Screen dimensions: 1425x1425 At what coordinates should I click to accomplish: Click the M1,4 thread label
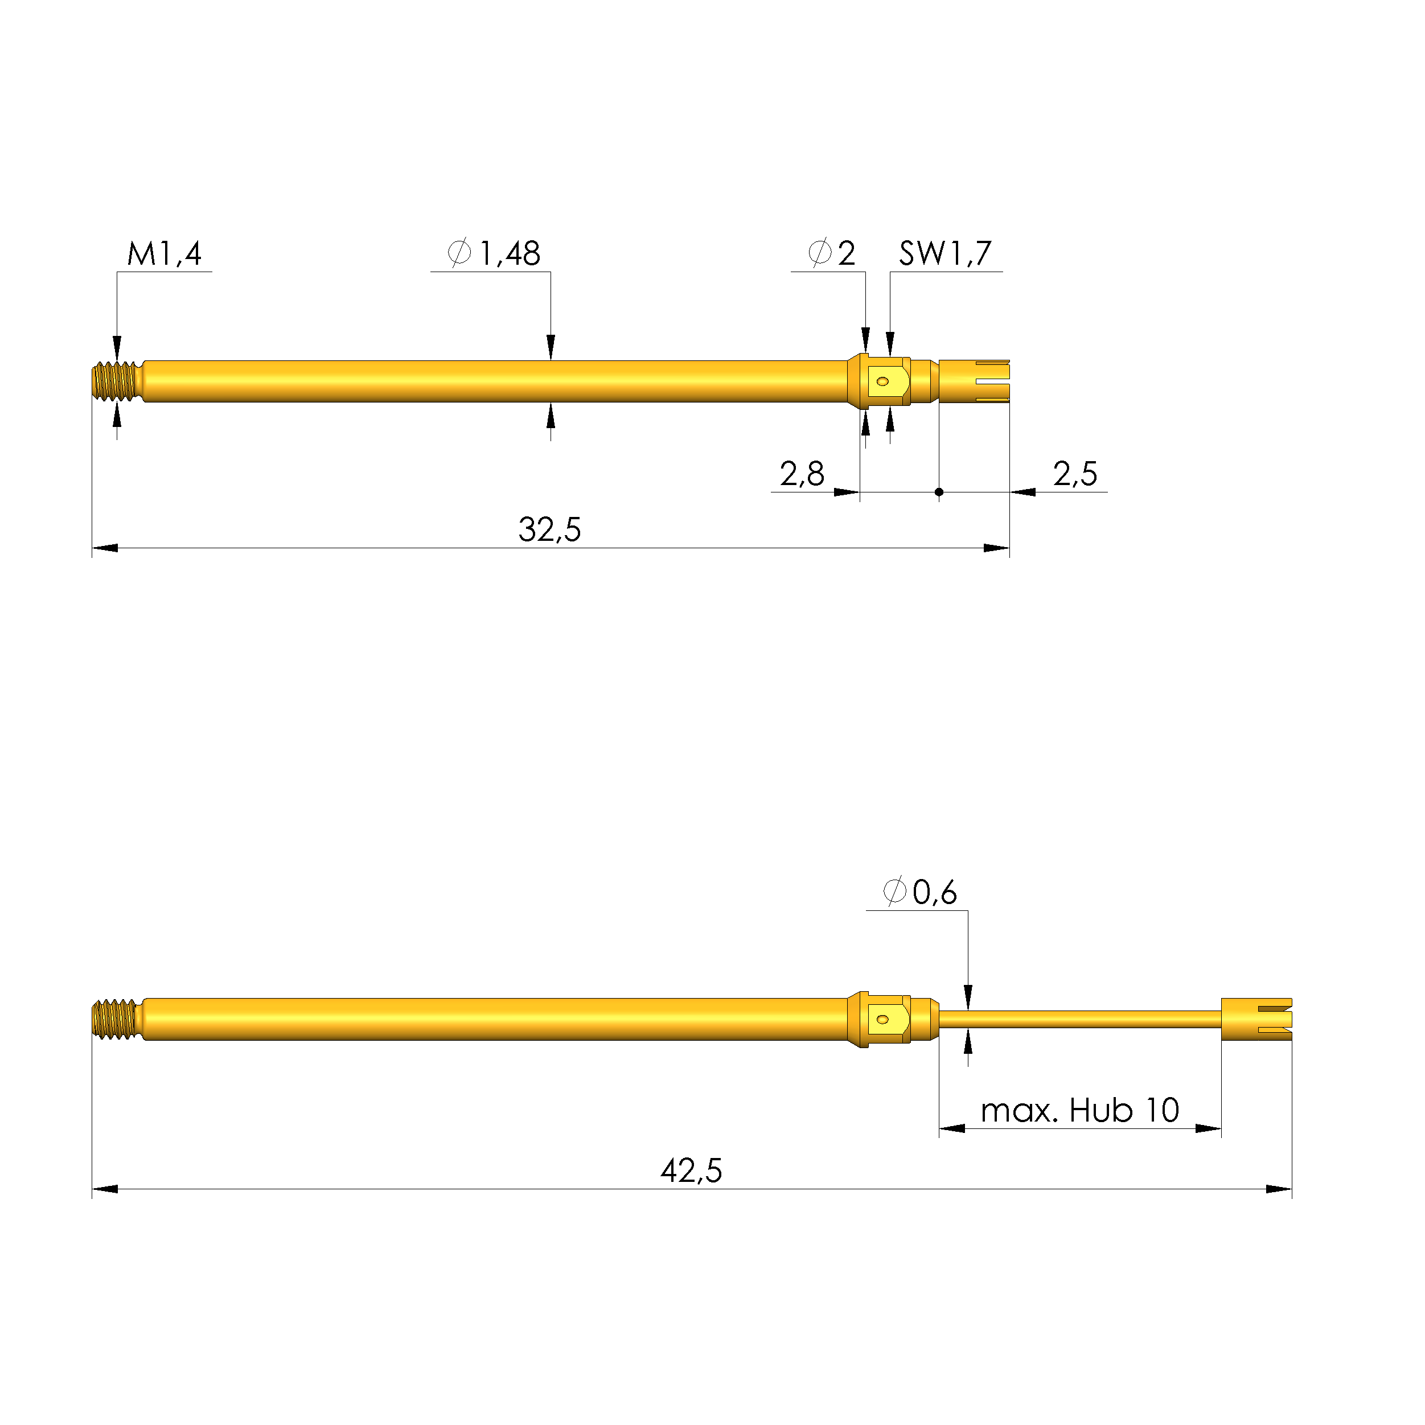coord(164,254)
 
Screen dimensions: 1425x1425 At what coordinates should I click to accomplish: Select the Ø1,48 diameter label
coord(494,254)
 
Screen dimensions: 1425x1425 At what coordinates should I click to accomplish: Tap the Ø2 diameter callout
coord(831,254)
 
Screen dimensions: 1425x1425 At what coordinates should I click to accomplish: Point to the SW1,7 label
coord(945,254)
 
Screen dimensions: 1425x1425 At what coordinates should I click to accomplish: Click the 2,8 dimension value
coord(802,474)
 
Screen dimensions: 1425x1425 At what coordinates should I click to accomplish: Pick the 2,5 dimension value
coord(1075,474)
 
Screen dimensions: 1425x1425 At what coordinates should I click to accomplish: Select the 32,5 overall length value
coord(549,529)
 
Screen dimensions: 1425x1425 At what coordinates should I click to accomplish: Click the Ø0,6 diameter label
coord(920,893)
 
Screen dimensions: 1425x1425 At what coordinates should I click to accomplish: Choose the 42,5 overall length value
coord(691,1171)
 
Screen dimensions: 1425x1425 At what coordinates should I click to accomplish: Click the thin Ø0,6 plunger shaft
coord(1077,1019)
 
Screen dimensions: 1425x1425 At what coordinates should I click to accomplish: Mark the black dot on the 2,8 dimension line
coord(939,492)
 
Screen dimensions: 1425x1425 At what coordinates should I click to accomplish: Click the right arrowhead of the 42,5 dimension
coord(1279,1189)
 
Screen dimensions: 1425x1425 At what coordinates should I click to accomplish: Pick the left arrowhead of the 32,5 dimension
coord(105,548)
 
